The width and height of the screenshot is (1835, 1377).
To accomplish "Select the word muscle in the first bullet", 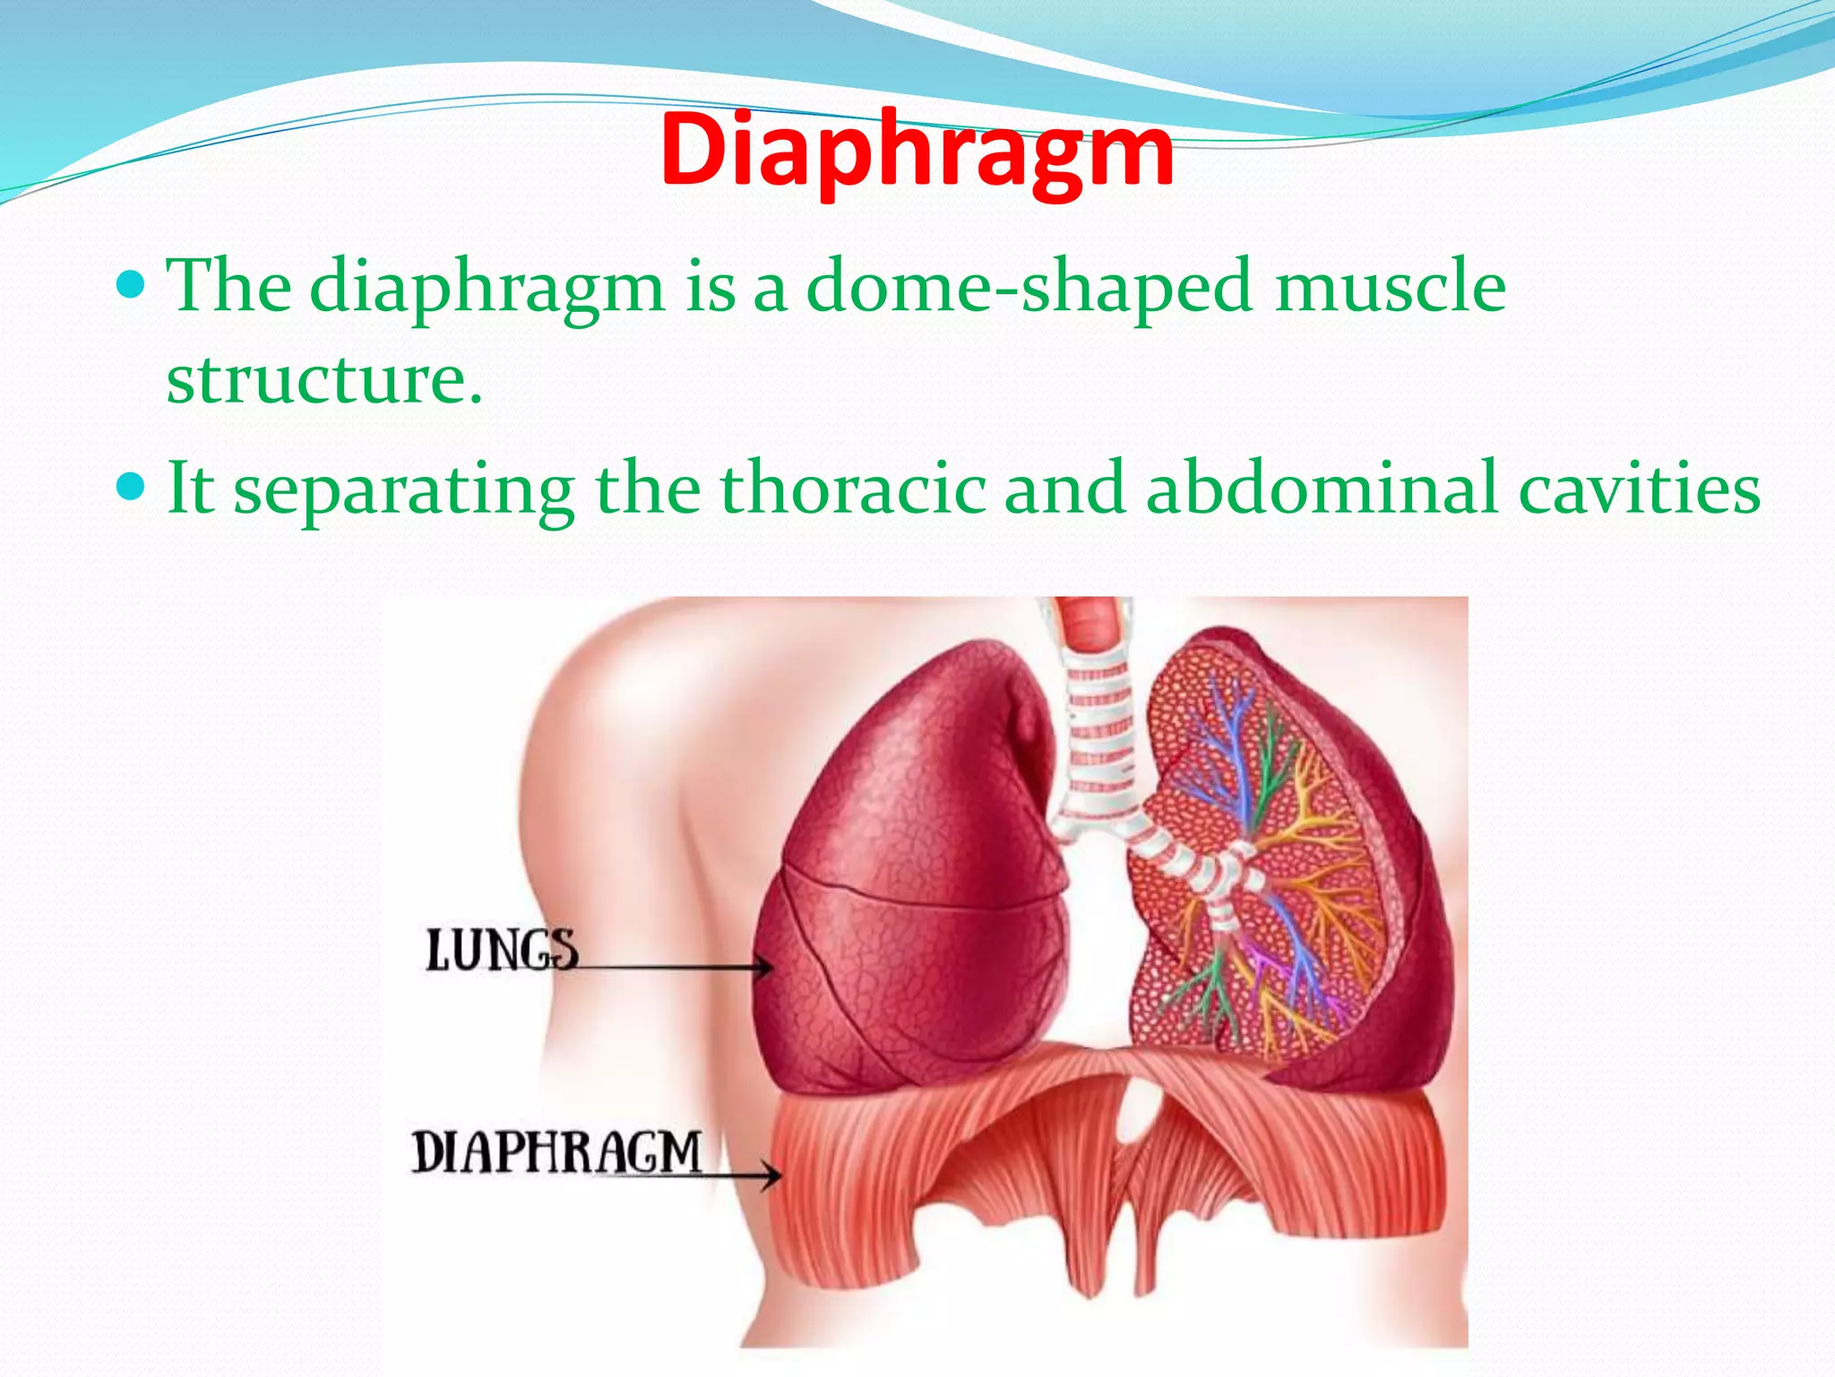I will tap(1390, 287).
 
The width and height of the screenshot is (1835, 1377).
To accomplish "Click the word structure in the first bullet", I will tap(323, 379).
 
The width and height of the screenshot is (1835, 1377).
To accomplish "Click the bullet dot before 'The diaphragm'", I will tap(131, 286).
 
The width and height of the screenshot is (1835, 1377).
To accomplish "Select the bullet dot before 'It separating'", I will tap(131, 488).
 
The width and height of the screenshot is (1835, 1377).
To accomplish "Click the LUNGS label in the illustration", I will tap(502, 950).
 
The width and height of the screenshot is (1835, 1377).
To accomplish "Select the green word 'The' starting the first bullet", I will tap(229, 287).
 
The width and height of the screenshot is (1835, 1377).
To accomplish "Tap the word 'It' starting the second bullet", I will tap(190, 489).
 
